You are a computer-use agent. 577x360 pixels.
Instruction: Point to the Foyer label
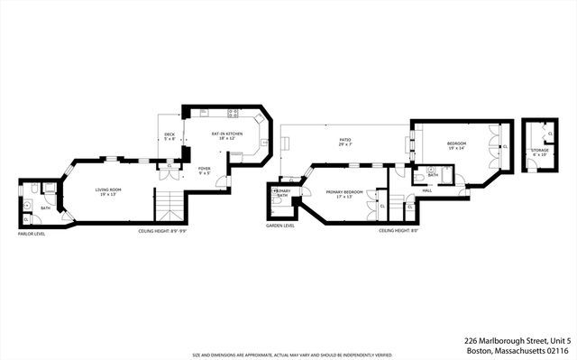pos(205,170)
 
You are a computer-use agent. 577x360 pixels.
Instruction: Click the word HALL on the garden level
pos(427,190)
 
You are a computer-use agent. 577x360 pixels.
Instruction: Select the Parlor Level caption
pos(31,234)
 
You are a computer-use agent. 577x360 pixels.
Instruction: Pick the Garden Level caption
pos(281,226)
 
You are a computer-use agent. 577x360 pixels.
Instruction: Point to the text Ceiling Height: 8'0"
pos(397,231)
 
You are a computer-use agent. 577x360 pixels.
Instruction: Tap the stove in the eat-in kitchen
pos(234,114)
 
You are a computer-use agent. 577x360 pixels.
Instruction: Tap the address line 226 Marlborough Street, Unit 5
pos(516,340)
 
